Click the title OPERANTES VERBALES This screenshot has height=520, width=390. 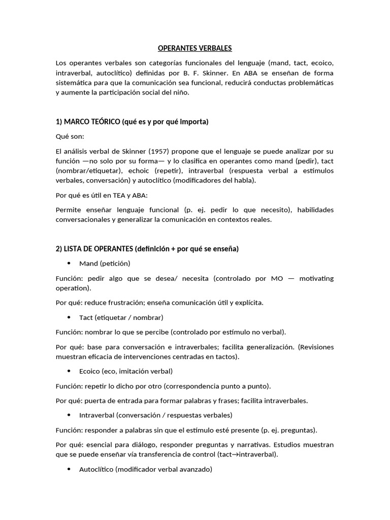[194, 48]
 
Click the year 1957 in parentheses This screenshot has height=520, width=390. [170, 151]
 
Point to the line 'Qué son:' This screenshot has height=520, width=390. [70, 137]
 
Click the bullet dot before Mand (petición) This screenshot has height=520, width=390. [69, 264]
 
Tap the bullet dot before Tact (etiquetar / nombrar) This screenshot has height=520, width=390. [69, 317]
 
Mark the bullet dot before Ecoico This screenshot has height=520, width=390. [69, 371]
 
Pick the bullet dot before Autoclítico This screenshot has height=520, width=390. [69, 470]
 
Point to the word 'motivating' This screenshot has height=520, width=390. [316, 278]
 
